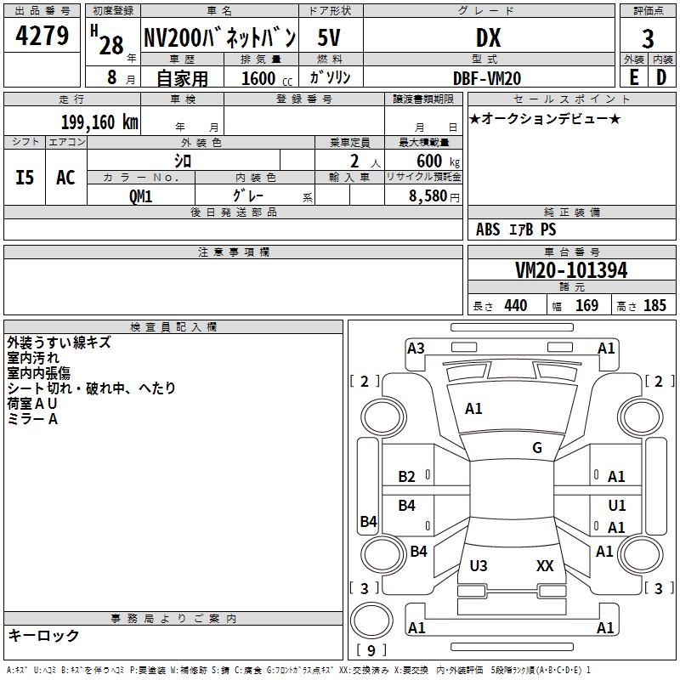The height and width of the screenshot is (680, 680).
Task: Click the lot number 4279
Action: [42, 37]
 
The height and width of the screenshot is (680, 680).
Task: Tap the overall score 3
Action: [648, 38]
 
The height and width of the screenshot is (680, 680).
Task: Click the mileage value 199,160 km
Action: [99, 122]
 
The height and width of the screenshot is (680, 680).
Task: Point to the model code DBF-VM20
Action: [488, 77]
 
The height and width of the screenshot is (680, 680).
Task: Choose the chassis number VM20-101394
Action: [571, 270]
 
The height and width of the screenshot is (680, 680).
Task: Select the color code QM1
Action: [140, 195]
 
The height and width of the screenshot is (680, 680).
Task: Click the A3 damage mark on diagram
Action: [416, 348]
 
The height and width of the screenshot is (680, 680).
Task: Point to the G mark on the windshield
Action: [537, 448]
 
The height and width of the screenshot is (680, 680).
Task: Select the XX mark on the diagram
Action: [545, 565]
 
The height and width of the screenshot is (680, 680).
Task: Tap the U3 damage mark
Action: [479, 565]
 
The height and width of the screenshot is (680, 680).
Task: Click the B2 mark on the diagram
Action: [407, 477]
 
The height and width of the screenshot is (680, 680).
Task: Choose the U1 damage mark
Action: [617, 506]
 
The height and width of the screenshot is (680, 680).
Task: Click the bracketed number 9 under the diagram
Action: [371, 650]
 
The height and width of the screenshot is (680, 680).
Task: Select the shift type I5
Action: [25, 178]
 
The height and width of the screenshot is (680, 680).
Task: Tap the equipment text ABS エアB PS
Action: [516, 229]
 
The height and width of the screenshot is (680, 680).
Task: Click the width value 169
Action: [586, 306]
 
